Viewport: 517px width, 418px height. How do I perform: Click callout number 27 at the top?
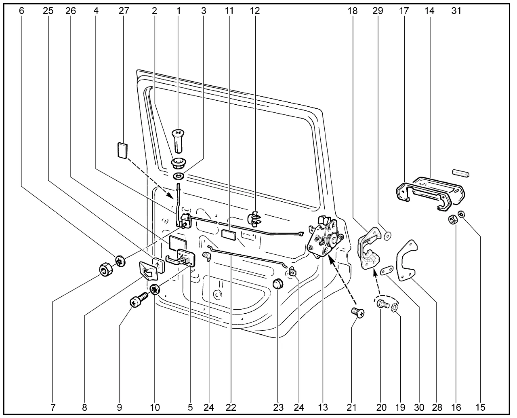[124, 11]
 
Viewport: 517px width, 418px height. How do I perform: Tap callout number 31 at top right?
[456, 11]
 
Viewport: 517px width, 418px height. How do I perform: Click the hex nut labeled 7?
[106, 269]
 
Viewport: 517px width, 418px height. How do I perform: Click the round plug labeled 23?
[277, 284]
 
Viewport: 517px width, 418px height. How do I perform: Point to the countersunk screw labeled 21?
[357, 313]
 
